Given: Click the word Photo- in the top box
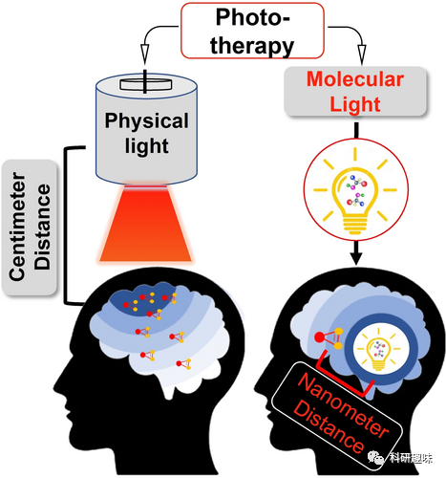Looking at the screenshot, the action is pyautogui.click(x=253, y=17).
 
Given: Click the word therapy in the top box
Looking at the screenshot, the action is pyautogui.click(x=252, y=46).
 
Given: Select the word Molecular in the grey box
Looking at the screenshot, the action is pyautogui.click(x=355, y=79).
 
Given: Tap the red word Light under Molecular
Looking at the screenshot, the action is pyautogui.click(x=355, y=104).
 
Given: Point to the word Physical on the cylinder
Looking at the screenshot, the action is pyautogui.click(x=146, y=121).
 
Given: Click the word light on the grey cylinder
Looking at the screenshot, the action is pyautogui.click(x=146, y=145).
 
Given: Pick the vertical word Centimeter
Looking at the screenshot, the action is pyautogui.click(x=17, y=227).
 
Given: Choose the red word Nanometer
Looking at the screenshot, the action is pyautogui.click(x=343, y=404).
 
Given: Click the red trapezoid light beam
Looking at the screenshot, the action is pyautogui.click(x=145, y=223).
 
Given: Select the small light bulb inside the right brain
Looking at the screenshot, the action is pyautogui.click(x=378, y=354).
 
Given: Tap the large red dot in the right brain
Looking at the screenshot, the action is pyautogui.click(x=320, y=337).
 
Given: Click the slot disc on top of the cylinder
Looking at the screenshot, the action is pyautogui.click(x=146, y=84).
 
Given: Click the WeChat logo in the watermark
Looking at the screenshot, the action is pyautogui.click(x=376, y=458).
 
